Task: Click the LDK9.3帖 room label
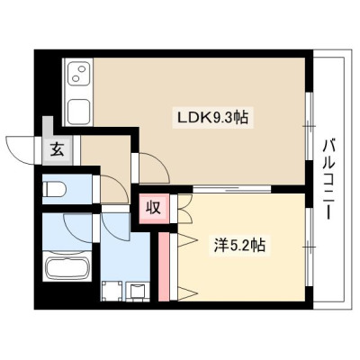(212, 117)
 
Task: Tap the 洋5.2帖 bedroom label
(239, 246)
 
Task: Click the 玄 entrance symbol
(57, 149)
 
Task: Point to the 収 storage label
(154, 208)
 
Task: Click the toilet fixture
(54, 189)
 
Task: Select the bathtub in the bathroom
(67, 265)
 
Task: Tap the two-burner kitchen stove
(79, 74)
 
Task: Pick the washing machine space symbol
(112, 291)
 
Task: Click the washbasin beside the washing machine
(138, 292)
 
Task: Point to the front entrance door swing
(20, 150)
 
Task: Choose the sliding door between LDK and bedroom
(231, 189)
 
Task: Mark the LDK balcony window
(309, 126)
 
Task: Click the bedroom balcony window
(309, 247)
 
